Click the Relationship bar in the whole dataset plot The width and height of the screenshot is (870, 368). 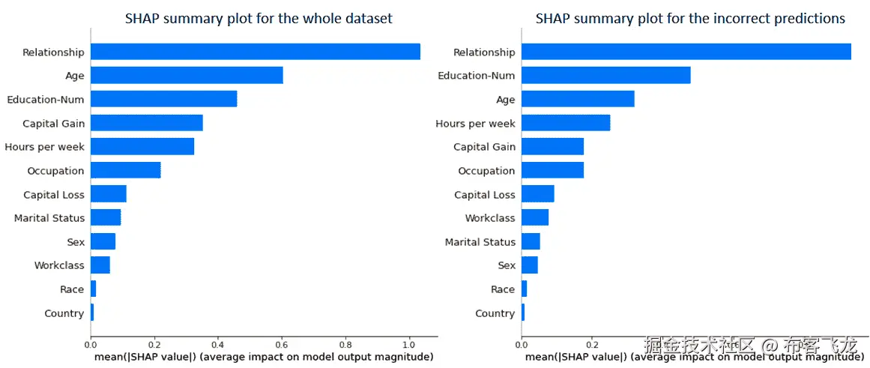click(255, 52)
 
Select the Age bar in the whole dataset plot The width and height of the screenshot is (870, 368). click(187, 75)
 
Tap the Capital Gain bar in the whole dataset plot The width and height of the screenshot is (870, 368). click(146, 123)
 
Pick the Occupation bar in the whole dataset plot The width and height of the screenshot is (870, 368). click(125, 170)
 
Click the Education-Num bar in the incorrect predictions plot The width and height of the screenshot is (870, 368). click(605, 75)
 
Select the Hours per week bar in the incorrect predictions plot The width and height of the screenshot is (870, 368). click(565, 123)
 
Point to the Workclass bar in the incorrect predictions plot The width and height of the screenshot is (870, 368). click(534, 218)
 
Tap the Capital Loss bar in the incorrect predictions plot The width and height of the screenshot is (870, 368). click(537, 194)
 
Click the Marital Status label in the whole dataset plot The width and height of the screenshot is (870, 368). click(49, 218)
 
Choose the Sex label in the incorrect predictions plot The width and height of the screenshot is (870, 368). click(507, 265)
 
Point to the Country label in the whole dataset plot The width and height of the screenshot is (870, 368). click(64, 313)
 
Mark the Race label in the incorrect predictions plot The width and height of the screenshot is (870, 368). click(503, 289)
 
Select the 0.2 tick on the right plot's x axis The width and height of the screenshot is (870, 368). click(591, 345)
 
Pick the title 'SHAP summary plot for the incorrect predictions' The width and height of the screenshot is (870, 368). click(690, 18)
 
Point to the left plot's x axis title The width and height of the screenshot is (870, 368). click(264, 357)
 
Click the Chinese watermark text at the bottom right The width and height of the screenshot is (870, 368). click(749, 346)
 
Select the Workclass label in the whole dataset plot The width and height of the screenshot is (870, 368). click(59, 265)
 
